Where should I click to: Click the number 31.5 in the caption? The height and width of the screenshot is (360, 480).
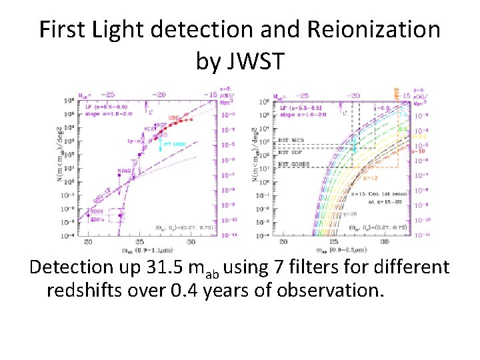(x=174, y=268)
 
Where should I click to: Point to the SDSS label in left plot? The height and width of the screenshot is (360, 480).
(x=96, y=211)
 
